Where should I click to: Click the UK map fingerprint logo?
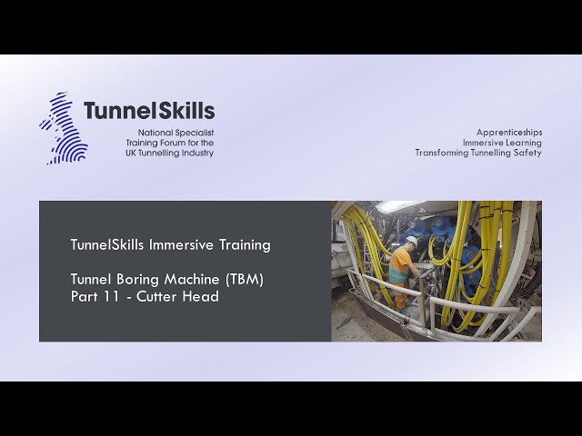tap(63, 128)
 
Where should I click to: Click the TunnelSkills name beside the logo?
tap(149, 111)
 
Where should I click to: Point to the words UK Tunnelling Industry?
tap(169, 153)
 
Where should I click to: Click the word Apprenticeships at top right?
tap(508, 132)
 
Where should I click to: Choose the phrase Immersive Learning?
tap(501, 143)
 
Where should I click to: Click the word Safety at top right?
tap(527, 153)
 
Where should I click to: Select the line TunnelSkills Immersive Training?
tap(170, 244)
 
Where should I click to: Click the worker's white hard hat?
tap(411, 241)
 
